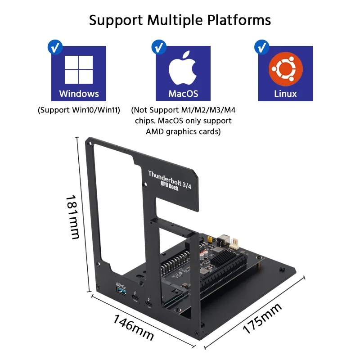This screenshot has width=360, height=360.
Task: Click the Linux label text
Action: (285, 94)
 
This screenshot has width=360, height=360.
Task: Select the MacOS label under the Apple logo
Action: (183, 94)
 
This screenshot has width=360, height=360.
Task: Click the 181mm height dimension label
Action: (73, 216)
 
